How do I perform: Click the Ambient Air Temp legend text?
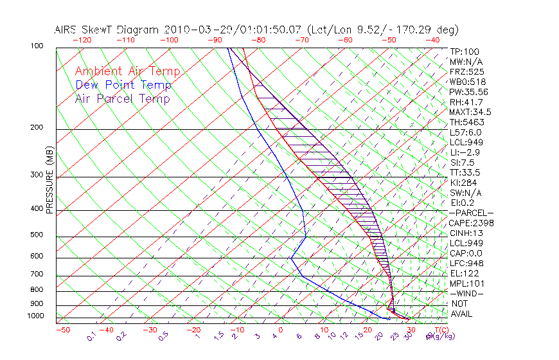tap(127, 71)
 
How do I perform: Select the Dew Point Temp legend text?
tap(123, 85)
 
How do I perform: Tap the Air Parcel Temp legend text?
tap(122, 98)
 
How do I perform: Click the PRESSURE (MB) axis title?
tap(49, 180)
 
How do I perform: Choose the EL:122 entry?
tap(465, 273)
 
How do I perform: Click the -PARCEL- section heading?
tap(471, 213)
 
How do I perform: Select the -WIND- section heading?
tap(467, 293)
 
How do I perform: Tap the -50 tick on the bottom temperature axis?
tap(62, 330)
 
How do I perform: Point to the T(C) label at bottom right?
tap(440, 330)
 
